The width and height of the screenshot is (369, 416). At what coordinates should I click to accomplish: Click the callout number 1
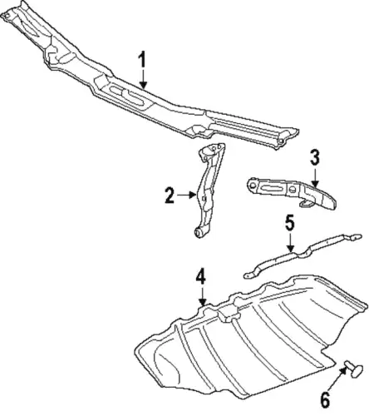(142, 59)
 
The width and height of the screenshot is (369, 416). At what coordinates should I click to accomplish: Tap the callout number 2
(170, 196)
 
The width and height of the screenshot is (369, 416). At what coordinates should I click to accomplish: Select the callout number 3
(315, 157)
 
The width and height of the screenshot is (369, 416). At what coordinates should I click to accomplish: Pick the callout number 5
(290, 223)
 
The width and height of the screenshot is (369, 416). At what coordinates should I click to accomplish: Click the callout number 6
(325, 400)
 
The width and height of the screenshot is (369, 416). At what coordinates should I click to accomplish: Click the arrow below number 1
(143, 79)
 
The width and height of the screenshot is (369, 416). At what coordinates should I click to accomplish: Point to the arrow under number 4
(203, 297)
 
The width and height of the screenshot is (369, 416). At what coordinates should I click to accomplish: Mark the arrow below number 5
(290, 243)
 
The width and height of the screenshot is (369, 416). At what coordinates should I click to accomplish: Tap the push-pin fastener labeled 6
(354, 368)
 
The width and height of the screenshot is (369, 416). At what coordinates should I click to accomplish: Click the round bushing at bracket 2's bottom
(199, 233)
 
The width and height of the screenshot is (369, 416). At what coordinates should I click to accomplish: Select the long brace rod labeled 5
(303, 255)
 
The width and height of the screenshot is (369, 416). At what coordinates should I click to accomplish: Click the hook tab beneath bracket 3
(306, 203)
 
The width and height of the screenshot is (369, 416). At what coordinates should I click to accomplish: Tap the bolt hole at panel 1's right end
(281, 142)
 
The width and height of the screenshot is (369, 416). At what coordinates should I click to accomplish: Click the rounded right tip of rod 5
(357, 237)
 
